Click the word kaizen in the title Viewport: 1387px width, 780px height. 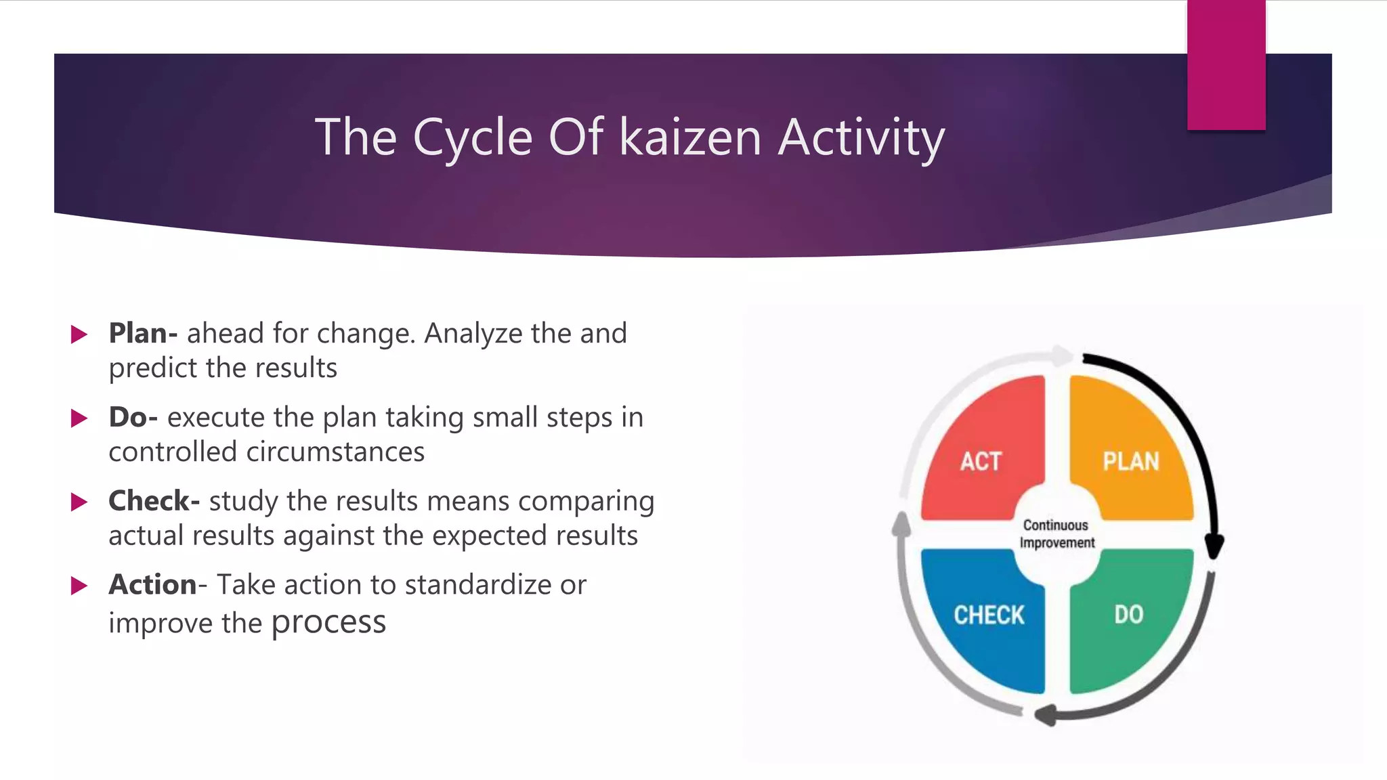coord(690,137)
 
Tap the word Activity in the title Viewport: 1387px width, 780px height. coord(861,138)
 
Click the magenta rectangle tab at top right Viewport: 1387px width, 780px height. coord(1226,65)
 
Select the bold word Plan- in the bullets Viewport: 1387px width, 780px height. coord(143,333)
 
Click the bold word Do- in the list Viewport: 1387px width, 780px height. coord(133,417)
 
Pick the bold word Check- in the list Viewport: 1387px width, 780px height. coord(154,501)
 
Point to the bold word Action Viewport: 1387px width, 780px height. coord(152,584)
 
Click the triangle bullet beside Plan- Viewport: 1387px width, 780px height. coord(79,334)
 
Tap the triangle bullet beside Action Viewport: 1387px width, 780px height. coord(79,586)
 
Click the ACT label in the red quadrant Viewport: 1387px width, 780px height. coord(980,462)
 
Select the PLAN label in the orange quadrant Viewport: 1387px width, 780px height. coord(1130,462)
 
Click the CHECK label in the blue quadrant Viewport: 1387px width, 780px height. coord(989,615)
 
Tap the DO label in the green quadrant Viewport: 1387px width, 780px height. coord(1128,615)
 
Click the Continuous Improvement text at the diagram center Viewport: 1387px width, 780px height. coord(1057,534)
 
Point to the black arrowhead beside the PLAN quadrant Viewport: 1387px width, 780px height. coord(1214,546)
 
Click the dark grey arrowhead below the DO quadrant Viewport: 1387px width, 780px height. coord(1046,714)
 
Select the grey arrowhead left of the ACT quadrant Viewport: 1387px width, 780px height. coord(901,523)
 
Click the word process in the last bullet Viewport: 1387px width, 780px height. coord(328,622)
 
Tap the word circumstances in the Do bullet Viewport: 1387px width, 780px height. coord(335,452)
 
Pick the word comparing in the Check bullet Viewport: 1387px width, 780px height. coord(586,502)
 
